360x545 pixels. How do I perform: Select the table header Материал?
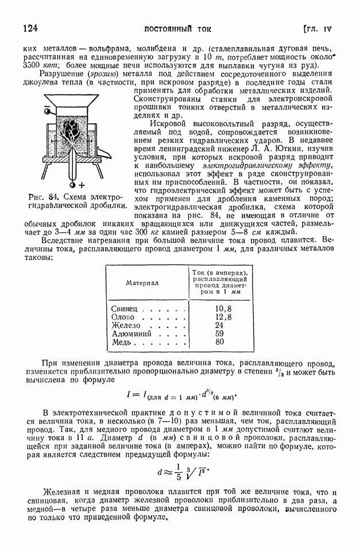(142, 283)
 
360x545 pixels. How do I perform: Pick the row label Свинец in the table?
(124, 309)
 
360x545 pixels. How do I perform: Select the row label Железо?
(125, 325)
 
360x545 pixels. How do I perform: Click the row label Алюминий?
(131, 333)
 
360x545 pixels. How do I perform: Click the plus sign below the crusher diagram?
(82, 185)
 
